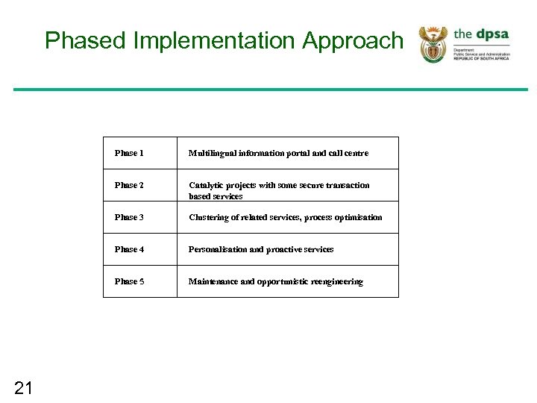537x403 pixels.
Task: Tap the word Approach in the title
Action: (352, 40)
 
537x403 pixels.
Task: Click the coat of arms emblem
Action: (433, 44)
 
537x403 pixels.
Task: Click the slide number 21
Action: (24, 387)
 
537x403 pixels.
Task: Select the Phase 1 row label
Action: (129, 153)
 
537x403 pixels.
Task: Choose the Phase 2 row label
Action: (129, 185)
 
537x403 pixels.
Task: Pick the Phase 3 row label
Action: (129, 217)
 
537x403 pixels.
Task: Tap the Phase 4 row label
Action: (129, 249)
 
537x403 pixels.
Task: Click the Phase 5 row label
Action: (129, 281)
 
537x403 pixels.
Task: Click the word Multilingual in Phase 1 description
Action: (213, 153)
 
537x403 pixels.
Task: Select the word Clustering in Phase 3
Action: (210, 217)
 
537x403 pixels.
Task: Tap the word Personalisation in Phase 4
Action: (219, 249)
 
